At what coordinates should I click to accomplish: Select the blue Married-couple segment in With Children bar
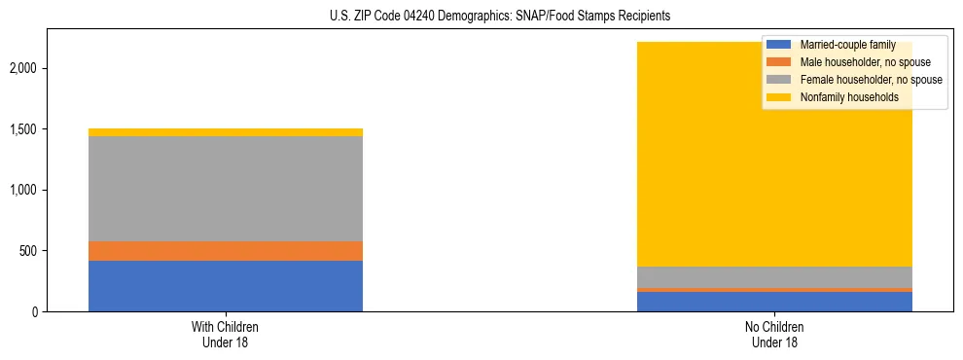226,286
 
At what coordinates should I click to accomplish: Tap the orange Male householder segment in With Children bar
226,251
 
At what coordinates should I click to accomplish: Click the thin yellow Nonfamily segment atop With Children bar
226,132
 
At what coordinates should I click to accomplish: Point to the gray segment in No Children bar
774,277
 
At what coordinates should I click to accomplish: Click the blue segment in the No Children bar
774,302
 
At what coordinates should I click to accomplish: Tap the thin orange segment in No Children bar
774,290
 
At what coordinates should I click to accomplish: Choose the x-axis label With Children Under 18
226,334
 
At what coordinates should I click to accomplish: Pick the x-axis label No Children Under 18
774,334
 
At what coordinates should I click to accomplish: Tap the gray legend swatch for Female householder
779,80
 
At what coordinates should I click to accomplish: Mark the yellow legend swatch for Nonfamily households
779,97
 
